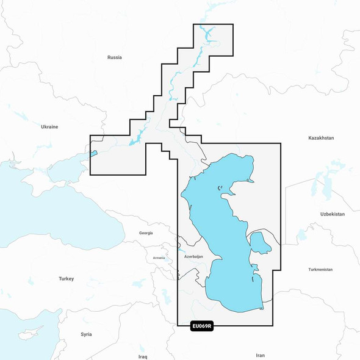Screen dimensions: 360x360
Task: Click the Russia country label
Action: (x=114, y=57)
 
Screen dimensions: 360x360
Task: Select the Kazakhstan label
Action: (x=321, y=139)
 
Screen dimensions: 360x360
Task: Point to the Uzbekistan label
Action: (x=333, y=214)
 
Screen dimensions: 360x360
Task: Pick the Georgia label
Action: (x=146, y=232)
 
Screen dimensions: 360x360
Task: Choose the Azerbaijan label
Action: (x=193, y=257)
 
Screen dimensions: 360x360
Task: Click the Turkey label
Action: (x=66, y=279)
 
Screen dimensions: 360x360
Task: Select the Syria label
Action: (x=86, y=334)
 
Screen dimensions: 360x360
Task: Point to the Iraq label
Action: (x=143, y=355)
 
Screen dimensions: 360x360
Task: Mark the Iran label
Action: (x=261, y=355)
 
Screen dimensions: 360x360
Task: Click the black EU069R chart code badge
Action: (x=201, y=327)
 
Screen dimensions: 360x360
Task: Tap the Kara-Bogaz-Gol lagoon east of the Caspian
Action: (x=261, y=242)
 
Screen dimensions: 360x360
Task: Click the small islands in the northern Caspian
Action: (x=219, y=189)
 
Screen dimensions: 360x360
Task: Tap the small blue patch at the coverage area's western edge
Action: (x=93, y=153)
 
